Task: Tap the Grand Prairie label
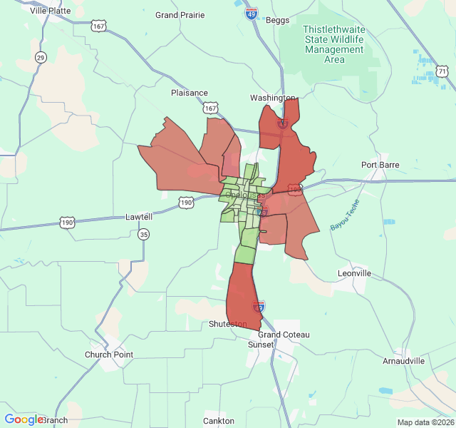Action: [180, 15]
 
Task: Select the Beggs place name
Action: [277, 20]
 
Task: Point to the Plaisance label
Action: [190, 93]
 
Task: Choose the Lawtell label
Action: [139, 216]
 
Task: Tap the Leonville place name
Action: [354, 273]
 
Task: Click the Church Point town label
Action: [109, 355]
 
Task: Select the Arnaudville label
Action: [403, 361]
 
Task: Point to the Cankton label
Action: [219, 421]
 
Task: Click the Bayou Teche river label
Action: [345, 215]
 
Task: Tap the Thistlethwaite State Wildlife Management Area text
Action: [334, 44]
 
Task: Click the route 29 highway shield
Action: [41, 57]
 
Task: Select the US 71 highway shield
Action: [442, 71]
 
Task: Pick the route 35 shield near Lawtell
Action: [145, 234]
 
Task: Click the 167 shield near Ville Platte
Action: [99, 26]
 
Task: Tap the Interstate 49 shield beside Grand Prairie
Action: [252, 14]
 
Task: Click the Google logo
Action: [24, 419]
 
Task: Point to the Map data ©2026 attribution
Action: [425, 422]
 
